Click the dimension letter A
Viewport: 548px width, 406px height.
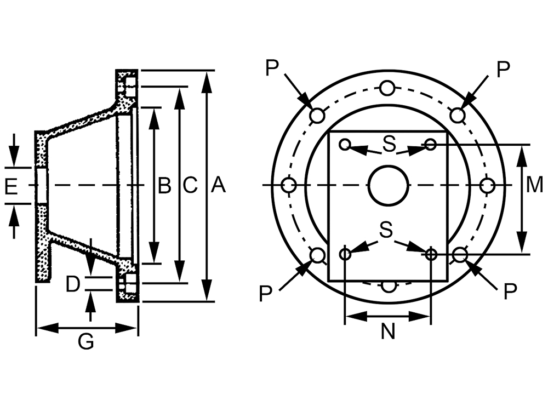(219, 185)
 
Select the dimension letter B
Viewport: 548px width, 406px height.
(164, 185)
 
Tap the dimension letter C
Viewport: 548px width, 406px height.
(190, 185)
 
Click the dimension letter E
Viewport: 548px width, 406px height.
(11, 186)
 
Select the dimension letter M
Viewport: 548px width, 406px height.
(534, 185)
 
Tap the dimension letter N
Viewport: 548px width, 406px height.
(388, 331)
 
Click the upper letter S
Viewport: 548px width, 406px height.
(389, 144)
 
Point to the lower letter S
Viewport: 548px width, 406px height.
(386, 230)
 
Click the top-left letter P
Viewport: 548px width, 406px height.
(272, 68)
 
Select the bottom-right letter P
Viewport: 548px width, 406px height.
(510, 291)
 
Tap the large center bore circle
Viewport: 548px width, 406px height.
(389, 185)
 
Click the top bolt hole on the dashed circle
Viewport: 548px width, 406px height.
(387, 88)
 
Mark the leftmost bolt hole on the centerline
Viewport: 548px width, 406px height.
(289, 185)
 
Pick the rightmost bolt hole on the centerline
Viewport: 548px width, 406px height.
(487, 185)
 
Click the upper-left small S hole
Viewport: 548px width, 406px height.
(345, 144)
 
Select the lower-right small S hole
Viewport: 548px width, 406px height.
(431, 254)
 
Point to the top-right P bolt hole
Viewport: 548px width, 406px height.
(457, 115)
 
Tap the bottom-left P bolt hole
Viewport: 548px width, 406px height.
(318, 255)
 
